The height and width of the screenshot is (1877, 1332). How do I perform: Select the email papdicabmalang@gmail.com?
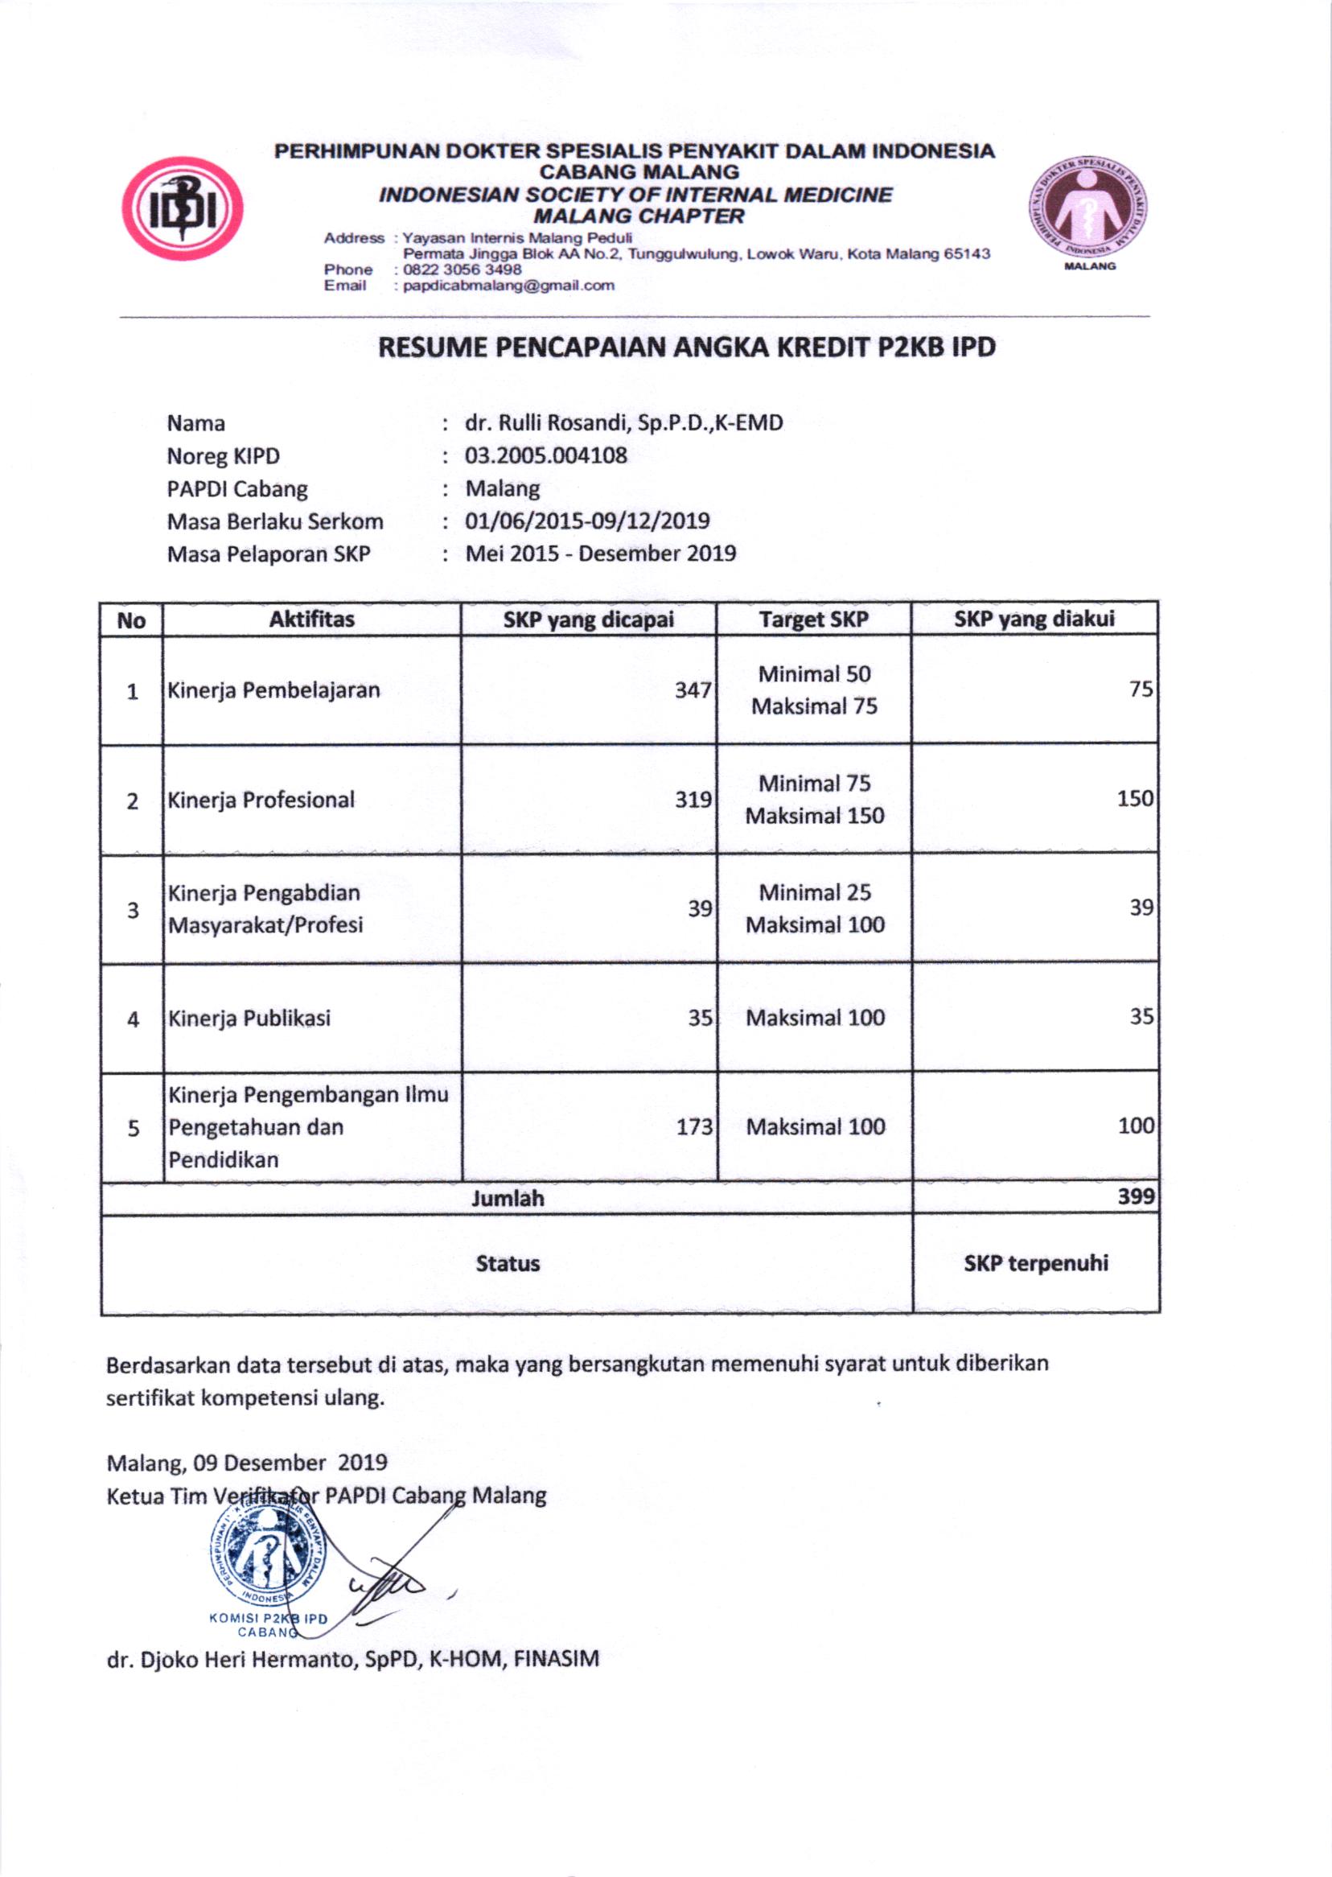[x=508, y=286]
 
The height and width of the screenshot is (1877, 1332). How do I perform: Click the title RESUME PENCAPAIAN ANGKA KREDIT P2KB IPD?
[x=685, y=348]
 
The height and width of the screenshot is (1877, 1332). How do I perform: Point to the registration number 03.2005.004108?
[x=545, y=455]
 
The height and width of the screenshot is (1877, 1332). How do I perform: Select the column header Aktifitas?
[x=311, y=619]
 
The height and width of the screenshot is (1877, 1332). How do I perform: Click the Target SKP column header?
[x=814, y=619]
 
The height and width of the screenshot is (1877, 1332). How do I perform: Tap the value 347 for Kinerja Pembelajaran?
[x=693, y=690]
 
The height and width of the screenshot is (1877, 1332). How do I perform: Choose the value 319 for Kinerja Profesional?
[x=693, y=799]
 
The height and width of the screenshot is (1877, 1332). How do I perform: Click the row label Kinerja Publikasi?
[x=249, y=1018]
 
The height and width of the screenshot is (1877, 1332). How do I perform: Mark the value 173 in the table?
[x=694, y=1126]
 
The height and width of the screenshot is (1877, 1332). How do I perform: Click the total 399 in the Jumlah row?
[x=1136, y=1197]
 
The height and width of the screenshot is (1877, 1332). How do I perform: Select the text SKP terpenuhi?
[x=1036, y=1263]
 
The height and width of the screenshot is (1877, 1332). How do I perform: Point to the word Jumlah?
[x=508, y=1199]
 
